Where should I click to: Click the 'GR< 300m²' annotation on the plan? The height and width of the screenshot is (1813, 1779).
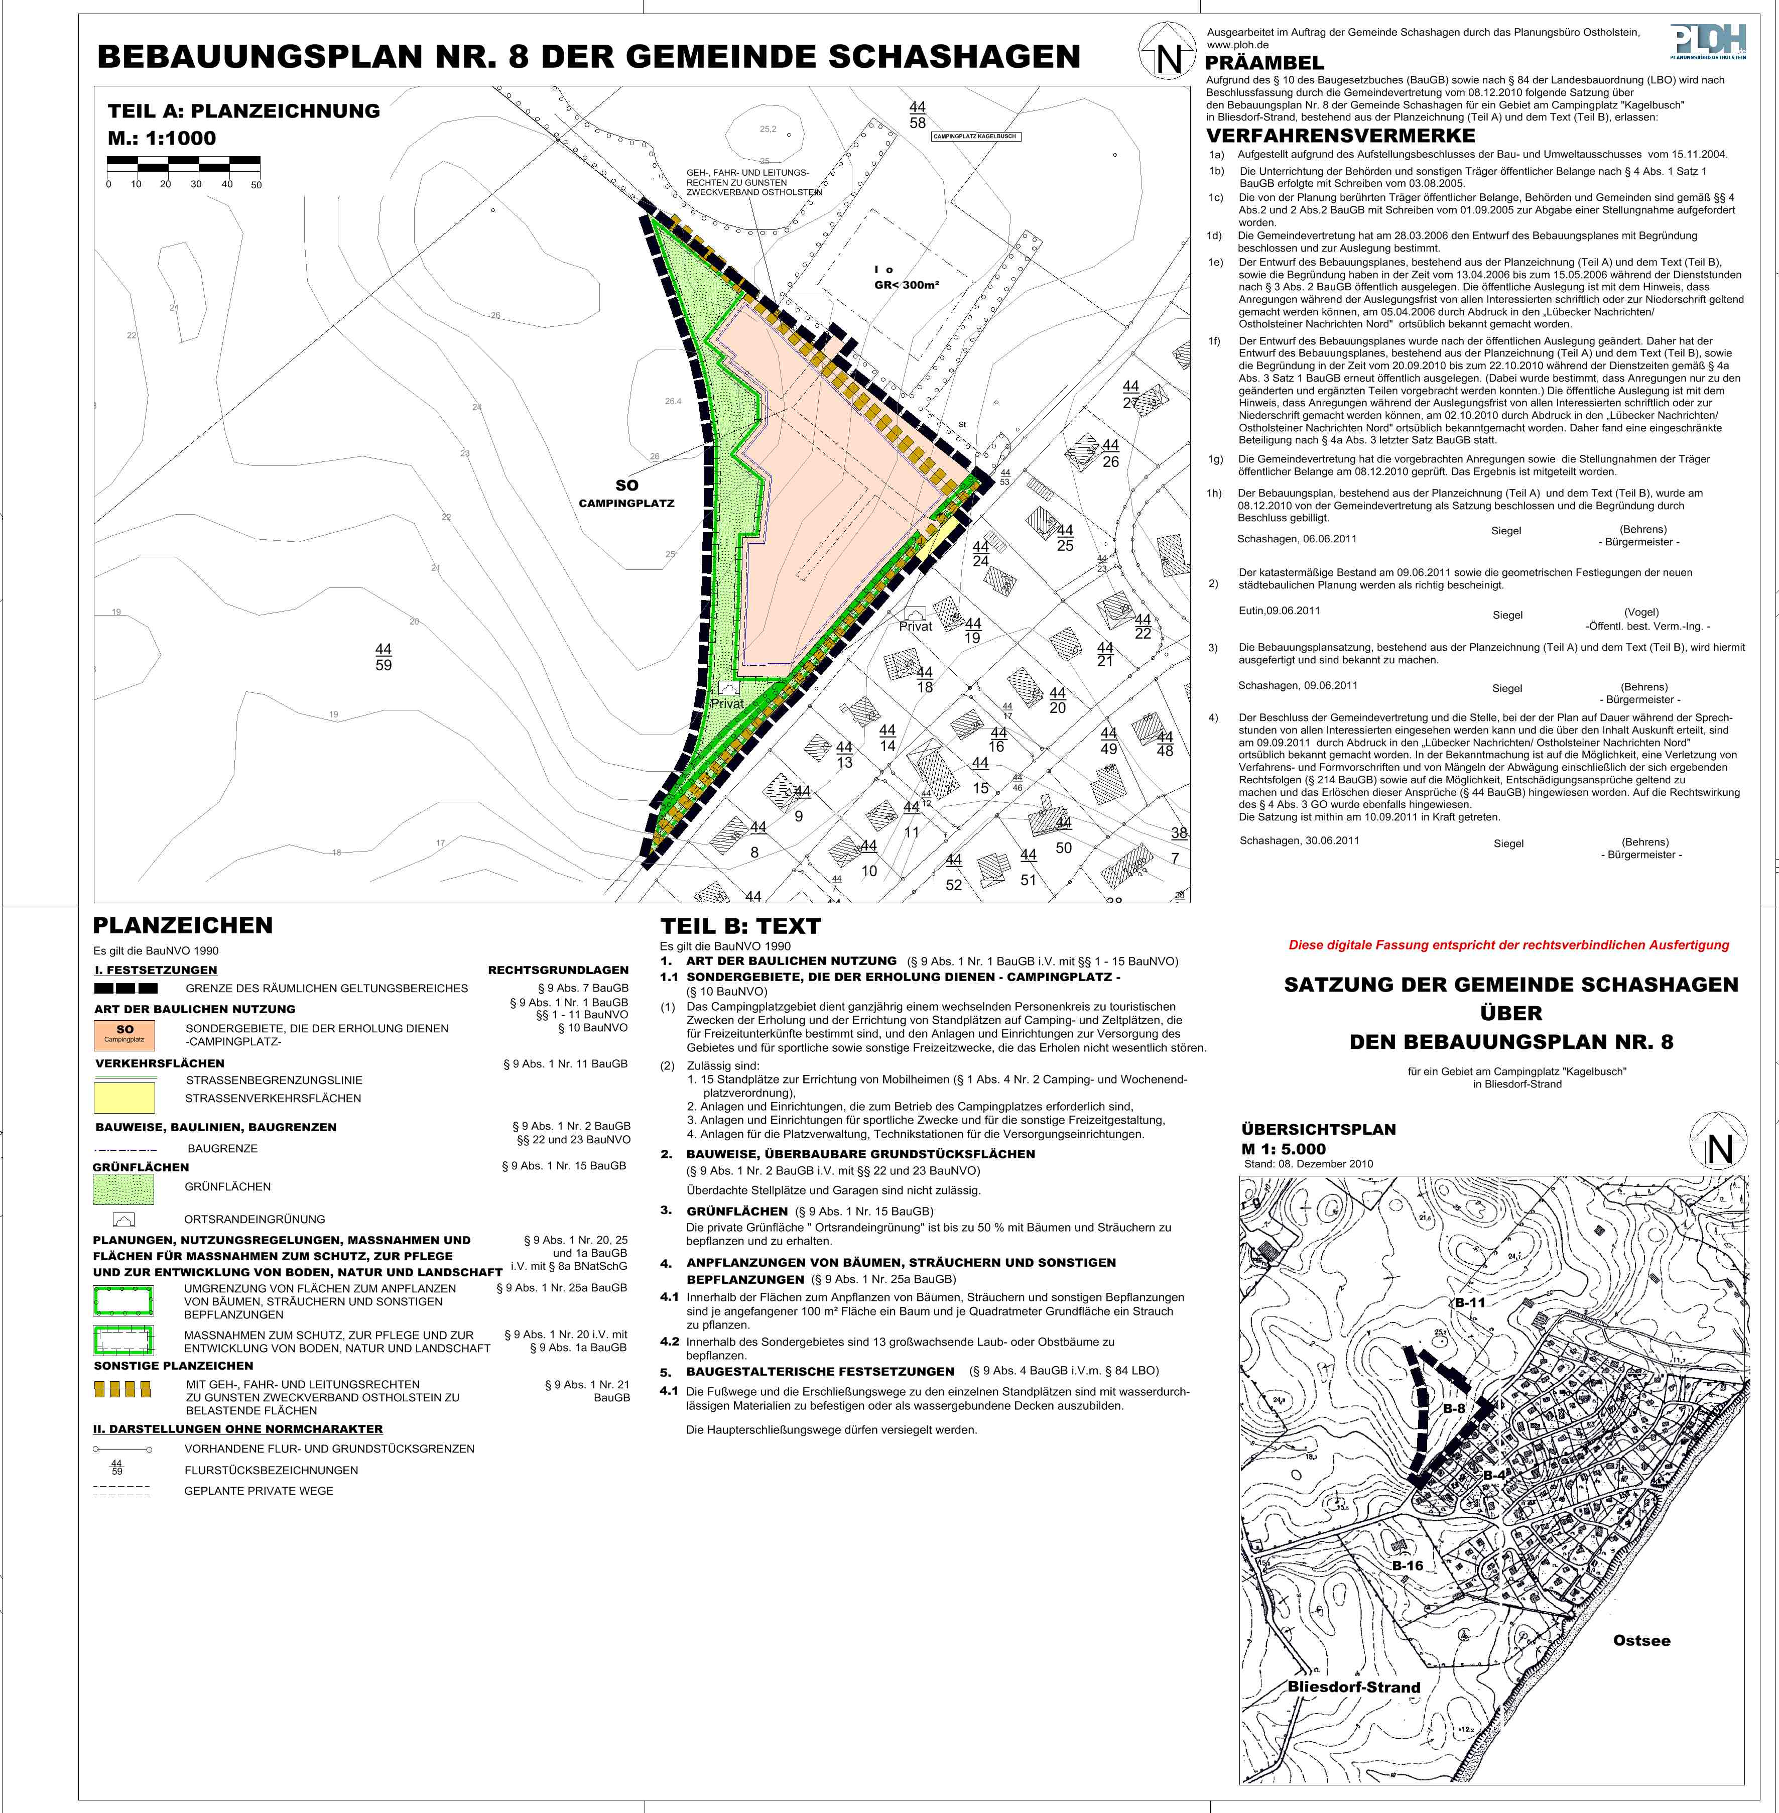907,285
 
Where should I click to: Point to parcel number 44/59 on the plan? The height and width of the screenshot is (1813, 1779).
383,657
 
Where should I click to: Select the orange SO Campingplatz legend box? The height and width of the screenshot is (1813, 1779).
124,1035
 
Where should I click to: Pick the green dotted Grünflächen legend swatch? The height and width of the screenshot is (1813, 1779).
124,1188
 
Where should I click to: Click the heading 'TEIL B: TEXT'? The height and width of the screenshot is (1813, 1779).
740,926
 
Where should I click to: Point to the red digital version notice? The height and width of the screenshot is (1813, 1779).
1508,945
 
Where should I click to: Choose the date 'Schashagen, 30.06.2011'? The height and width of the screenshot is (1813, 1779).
1299,840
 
